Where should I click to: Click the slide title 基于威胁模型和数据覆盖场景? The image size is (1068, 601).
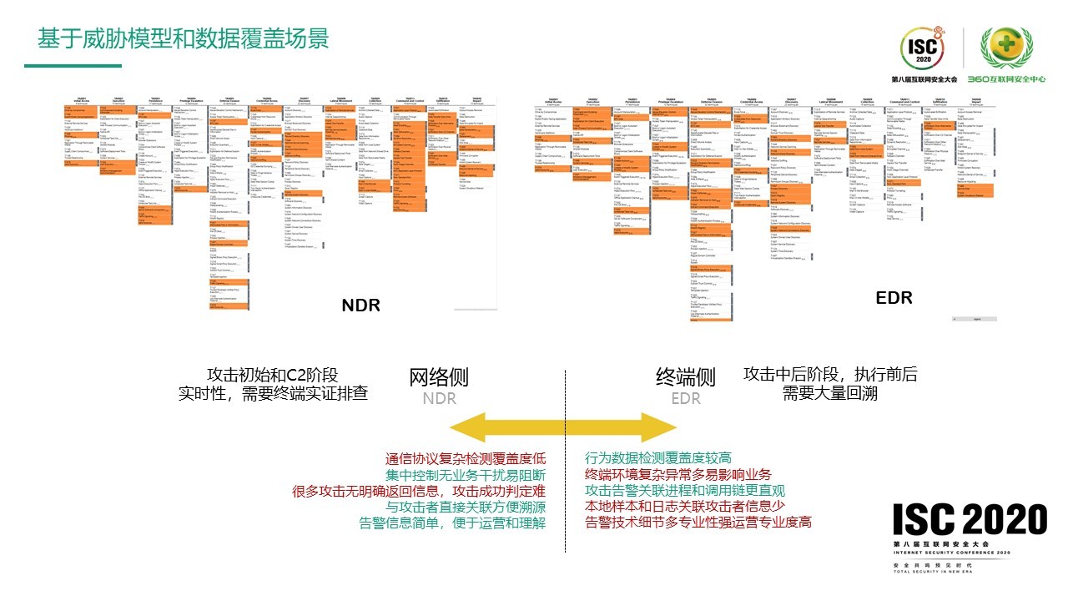point(184,39)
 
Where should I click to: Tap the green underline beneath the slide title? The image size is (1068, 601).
point(73,66)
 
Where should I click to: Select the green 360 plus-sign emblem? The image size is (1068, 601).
point(1005,49)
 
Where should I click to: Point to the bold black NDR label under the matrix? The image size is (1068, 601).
point(360,306)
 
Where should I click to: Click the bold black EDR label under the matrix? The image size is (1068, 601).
point(894,298)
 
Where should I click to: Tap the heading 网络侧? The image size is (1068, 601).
point(439,376)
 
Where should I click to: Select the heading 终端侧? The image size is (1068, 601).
point(685,376)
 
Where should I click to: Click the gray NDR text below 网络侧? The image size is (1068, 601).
point(439,399)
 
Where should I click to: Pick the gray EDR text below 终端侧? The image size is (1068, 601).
point(686,399)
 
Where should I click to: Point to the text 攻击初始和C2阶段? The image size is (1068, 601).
point(273,375)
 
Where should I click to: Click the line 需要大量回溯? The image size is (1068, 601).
point(829,393)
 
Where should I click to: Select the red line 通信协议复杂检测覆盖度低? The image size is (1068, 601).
point(466,458)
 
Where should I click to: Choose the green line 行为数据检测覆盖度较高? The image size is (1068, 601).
point(658,457)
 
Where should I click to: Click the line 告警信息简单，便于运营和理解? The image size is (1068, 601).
point(452,523)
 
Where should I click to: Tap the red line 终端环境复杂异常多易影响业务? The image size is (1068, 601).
point(678,474)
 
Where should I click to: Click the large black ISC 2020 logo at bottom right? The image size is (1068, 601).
point(970,520)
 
